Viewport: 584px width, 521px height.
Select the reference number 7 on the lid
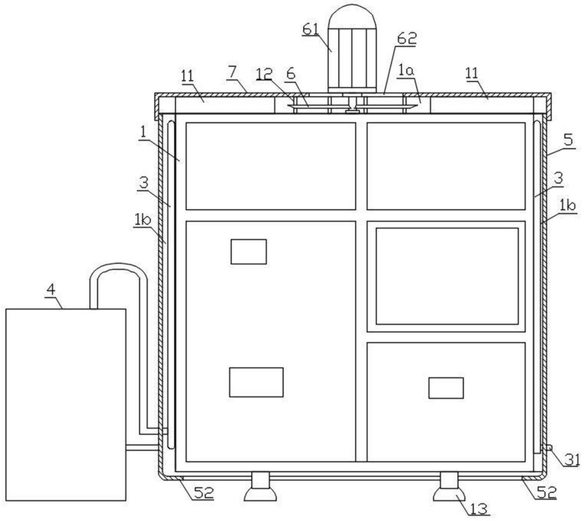[232, 72]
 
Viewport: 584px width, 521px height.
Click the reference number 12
[264, 73]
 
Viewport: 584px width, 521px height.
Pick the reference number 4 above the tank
[51, 290]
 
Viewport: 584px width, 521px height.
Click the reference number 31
[572, 459]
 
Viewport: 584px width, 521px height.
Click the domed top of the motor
[351, 16]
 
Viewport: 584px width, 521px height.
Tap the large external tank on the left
[66, 404]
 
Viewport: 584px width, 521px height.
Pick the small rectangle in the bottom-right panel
[446, 388]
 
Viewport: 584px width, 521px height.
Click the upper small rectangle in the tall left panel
[248, 252]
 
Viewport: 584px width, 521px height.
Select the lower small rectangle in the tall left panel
[256, 382]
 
